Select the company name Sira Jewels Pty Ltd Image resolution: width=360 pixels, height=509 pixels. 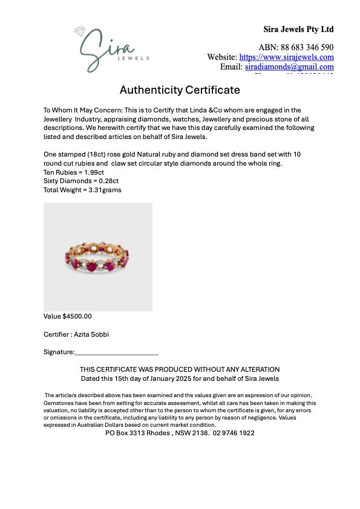298,29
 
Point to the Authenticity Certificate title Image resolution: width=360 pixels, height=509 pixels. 180,90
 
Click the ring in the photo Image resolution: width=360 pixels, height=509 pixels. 98,257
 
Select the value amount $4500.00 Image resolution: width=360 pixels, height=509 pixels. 77,316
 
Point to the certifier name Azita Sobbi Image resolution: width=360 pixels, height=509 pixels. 93,334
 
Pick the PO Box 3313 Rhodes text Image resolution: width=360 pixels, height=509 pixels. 139,433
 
